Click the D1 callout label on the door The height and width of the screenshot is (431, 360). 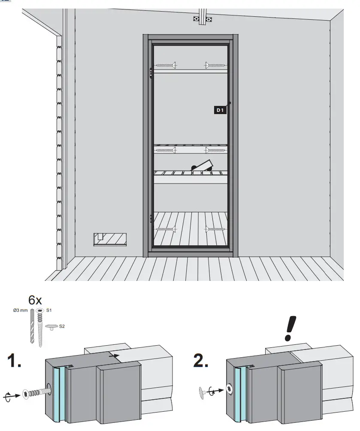tap(220, 110)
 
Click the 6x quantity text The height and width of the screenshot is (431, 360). tap(35, 299)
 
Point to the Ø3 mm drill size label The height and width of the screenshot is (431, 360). tap(20, 310)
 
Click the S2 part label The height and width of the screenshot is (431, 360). tap(62, 326)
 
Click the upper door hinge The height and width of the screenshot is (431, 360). tap(151, 73)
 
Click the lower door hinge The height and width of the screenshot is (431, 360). tap(151, 218)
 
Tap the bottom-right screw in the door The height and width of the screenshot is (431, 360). tap(215, 229)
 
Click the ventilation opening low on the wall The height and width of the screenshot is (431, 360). tap(110, 239)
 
